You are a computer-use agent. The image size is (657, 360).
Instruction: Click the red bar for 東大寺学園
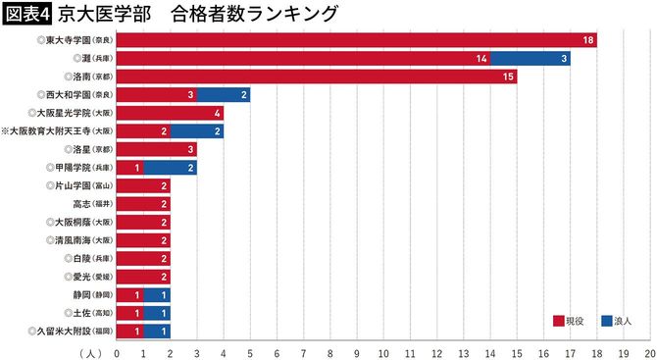click(x=357, y=40)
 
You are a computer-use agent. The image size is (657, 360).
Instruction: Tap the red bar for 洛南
click(x=317, y=77)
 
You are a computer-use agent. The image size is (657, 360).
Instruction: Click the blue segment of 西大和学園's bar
click(x=224, y=95)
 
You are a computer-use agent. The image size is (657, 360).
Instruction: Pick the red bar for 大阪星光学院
click(x=171, y=113)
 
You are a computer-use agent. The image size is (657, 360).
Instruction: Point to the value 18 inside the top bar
click(x=588, y=40)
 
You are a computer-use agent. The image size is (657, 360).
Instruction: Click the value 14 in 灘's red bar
click(x=481, y=59)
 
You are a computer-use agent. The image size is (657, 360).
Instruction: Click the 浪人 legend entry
click(x=617, y=320)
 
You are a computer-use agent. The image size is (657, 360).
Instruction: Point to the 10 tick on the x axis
click(x=383, y=350)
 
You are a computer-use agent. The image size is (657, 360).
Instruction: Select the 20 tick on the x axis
click(x=649, y=350)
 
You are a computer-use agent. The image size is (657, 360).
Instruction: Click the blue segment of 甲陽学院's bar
click(x=171, y=168)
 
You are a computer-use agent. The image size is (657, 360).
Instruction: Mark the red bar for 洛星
click(x=157, y=149)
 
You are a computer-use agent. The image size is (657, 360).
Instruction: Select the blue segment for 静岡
click(x=157, y=295)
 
